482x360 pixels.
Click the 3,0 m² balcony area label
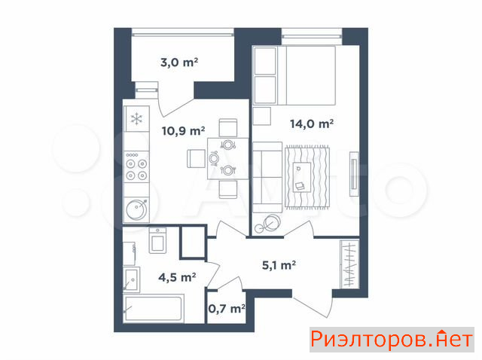(179, 63)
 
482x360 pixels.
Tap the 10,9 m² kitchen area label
(184, 131)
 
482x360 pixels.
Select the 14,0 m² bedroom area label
(312, 124)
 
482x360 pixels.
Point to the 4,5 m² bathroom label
(177, 277)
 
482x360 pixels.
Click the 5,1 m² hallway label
(279, 265)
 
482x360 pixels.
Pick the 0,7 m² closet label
(227, 308)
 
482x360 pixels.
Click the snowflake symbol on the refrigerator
(136, 119)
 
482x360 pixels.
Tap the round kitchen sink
(137, 209)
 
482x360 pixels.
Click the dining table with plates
(227, 159)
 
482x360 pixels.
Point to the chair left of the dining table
(196, 159)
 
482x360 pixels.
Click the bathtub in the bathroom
(154, 308)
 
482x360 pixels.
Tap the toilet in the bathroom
(157, 240)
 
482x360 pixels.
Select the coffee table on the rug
(302, 178)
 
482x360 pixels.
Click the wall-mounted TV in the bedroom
(354, 174)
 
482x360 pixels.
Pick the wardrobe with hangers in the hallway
(349, 264)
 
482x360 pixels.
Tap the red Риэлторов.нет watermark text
(392, 340)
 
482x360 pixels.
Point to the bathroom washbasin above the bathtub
(132, 279)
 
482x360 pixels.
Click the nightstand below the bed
(262, 116)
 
